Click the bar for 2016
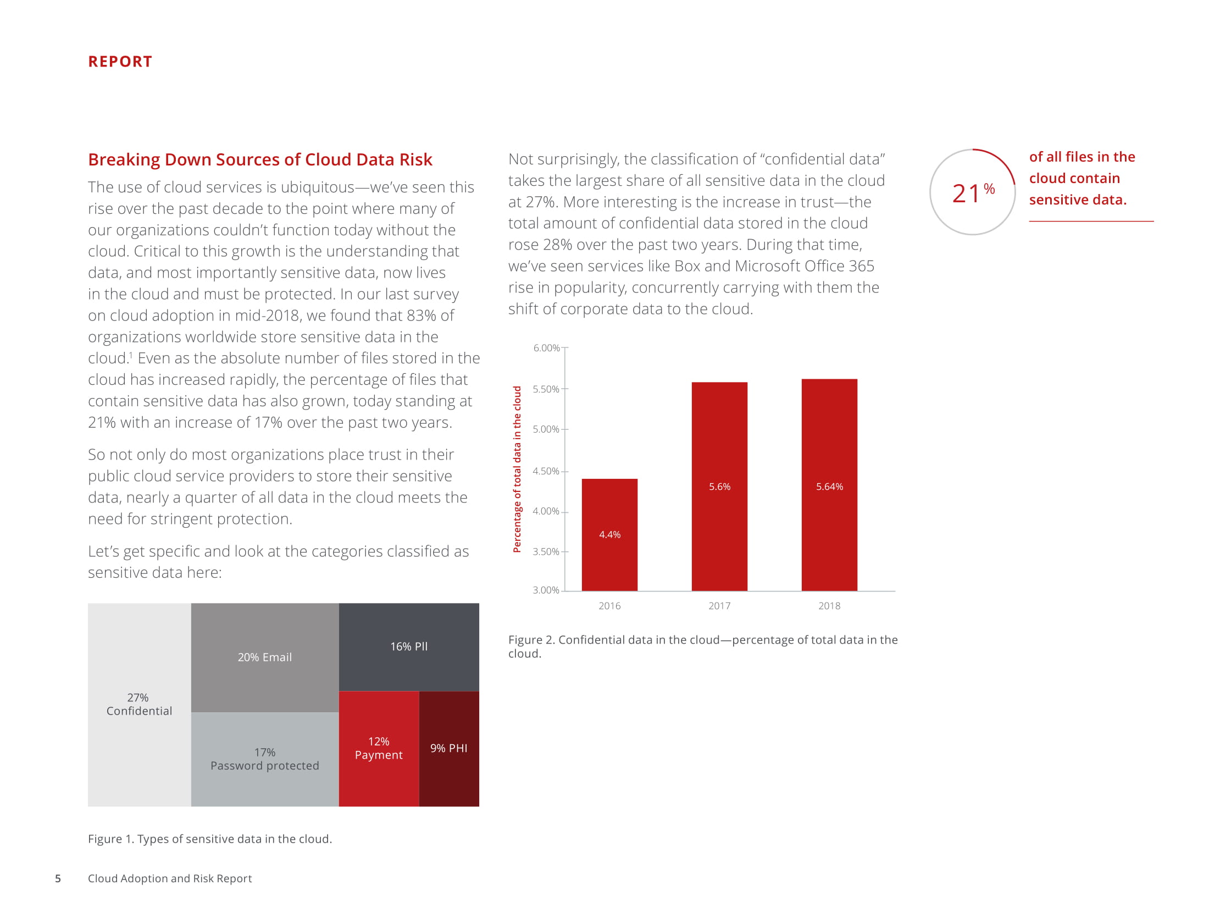tap(609, 534)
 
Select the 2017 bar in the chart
tap(719, 486)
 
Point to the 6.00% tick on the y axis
tap(546, 348)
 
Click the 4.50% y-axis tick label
tap(546, 471)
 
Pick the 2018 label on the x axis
tap(829, 606)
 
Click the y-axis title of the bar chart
tap(517, 469)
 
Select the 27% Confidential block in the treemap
tap(139, 704)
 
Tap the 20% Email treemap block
tap(264, 657)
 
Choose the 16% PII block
tap(409, 646)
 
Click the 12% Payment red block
tap(379, 748)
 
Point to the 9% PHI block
tap(449, 748)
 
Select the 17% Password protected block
tap(264, 759)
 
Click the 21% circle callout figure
tap(973, 192)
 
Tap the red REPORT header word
tap(120, 62)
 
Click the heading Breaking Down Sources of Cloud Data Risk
tap(260, 159)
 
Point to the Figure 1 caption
tap(210, 839)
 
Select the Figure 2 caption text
tap(702, 646)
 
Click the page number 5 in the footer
tap(58, 878)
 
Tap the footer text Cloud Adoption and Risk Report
tap(170, 878)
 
